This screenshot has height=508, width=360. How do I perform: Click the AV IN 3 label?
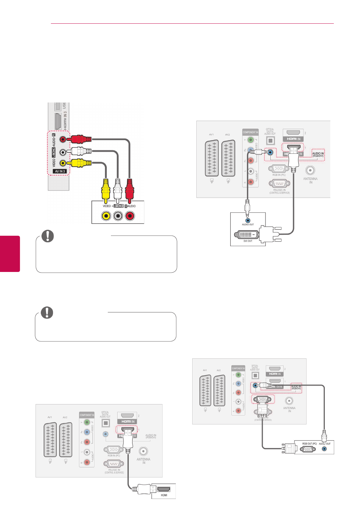60,171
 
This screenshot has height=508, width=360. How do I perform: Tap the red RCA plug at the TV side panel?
80,139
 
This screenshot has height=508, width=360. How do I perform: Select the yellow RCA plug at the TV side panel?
80,163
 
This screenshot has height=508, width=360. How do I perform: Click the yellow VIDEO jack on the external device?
106,216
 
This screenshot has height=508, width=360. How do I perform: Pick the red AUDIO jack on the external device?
130,216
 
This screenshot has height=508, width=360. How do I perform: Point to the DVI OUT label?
248,241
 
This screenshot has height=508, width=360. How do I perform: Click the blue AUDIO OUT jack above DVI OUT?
248,220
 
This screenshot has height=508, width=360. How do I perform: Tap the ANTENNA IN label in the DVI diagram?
310,180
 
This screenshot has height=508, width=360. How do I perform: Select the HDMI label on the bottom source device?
164,495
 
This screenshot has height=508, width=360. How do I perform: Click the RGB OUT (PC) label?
309,443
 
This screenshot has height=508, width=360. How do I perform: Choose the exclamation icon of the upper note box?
48,236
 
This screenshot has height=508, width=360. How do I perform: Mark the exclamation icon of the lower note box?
47,312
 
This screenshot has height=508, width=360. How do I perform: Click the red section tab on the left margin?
10,253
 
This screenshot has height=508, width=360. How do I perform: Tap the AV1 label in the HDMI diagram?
50,417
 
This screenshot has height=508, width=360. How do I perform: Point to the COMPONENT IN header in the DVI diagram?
250,132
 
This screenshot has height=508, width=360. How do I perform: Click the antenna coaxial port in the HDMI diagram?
143,452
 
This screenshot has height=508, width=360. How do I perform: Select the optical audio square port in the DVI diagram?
270,140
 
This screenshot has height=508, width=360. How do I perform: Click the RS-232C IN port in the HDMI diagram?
114,464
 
